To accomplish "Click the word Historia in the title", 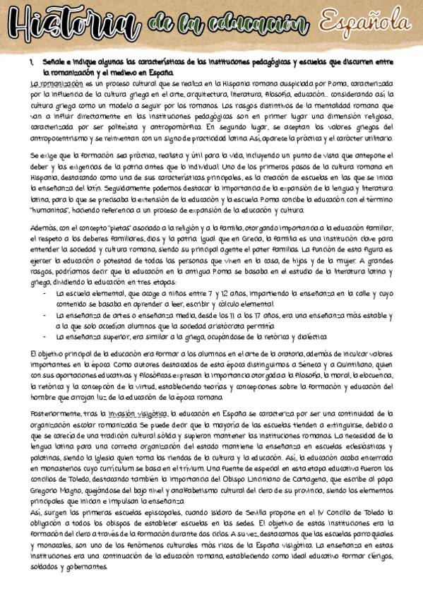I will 71,27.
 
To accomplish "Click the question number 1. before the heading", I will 32,63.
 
